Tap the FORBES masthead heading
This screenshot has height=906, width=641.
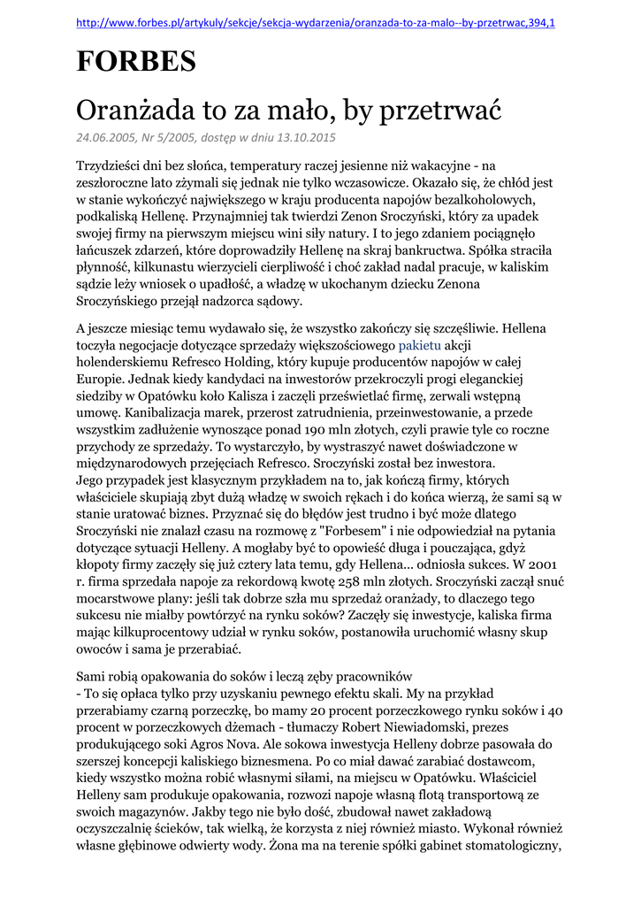pos(135,62)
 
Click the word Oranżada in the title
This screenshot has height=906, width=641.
pos(137,111)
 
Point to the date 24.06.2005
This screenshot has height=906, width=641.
pos(108,138)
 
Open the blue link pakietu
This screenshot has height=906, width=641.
pos(419,345)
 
